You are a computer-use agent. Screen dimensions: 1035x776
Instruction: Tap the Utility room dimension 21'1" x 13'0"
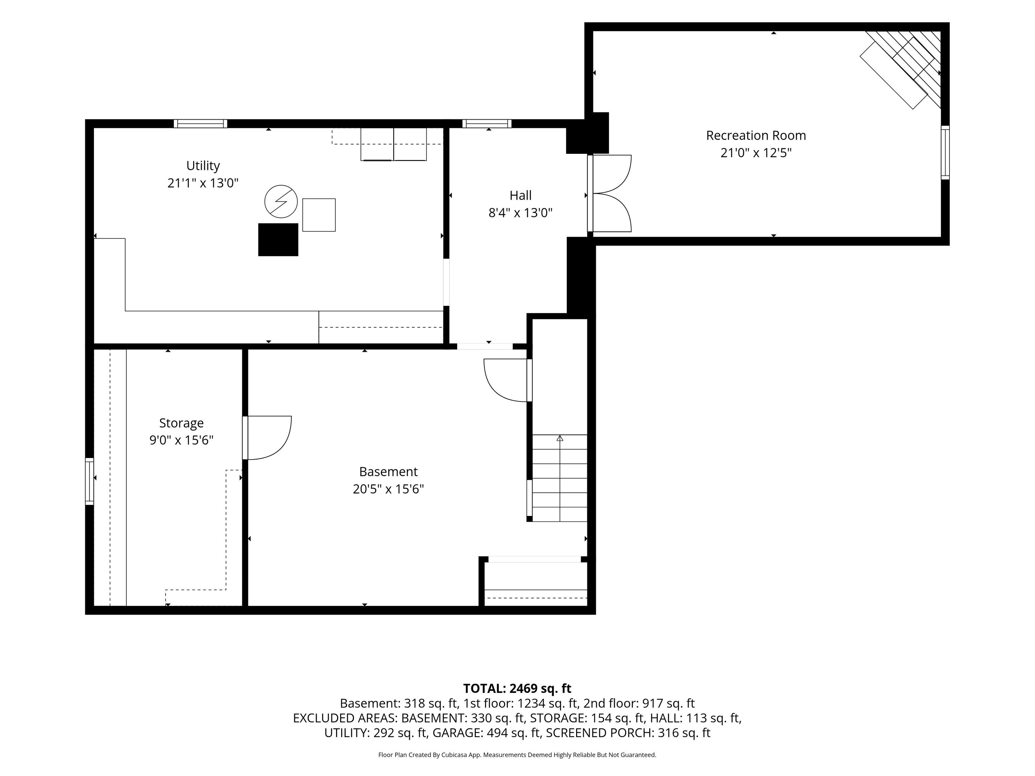(x=203, y=183)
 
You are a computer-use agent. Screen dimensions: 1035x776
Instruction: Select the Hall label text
(x=520, y=196)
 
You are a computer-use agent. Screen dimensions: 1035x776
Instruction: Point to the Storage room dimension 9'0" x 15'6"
(x=181, y=440)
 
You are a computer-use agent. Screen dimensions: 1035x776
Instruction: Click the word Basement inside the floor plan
(x=388, y=471)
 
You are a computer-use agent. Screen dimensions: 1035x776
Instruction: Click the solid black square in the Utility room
(x=278, y=239)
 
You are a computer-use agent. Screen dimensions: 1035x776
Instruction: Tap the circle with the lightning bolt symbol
(x=281, y=202)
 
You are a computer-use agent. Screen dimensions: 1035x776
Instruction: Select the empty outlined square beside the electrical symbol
(x=319, y=215)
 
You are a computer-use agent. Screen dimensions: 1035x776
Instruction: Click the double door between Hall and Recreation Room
(x=610, y=193)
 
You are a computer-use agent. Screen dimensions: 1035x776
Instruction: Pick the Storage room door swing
(x=267, y=438)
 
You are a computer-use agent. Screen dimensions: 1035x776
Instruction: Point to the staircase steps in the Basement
(x=560, y=478)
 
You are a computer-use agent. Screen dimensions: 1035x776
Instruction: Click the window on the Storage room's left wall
(x=89, y=481)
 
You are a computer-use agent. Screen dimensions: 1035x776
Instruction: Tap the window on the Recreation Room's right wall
(x=945, y=152)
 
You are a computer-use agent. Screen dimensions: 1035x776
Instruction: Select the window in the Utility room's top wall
(x=201, y=123)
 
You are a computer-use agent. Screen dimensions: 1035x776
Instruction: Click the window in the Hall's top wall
(x=487, y=123)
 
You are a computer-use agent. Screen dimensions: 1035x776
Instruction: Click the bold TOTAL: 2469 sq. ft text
(x=517, y=688)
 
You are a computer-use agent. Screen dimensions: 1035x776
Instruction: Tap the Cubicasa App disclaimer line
(x=517, y=755)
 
